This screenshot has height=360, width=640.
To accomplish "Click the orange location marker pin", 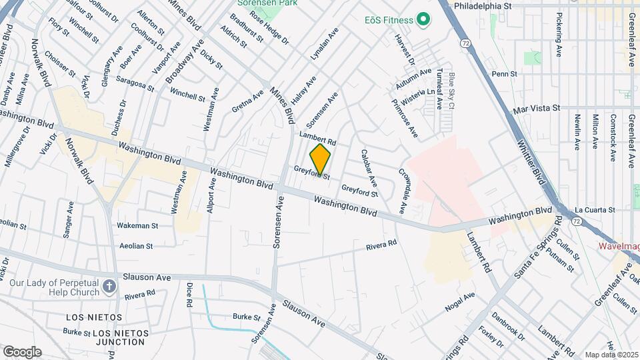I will (x=321, y=160).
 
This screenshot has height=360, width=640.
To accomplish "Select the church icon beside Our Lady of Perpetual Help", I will (x=110, y=287).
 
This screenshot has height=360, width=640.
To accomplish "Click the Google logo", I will (x=22, y=351).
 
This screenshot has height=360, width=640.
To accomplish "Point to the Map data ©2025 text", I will (x=611, y=354).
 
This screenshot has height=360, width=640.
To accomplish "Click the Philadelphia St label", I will (x=482, y=5).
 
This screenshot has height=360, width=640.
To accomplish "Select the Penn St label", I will (x=504, y=73).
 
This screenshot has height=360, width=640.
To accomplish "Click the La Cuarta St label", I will (x=595, y=210).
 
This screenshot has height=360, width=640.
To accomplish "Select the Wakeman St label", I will (x=137, y=226).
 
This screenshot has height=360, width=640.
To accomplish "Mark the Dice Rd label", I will (x=189, y=294).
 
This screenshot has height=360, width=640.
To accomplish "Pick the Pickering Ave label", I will (x=559, y=35).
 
